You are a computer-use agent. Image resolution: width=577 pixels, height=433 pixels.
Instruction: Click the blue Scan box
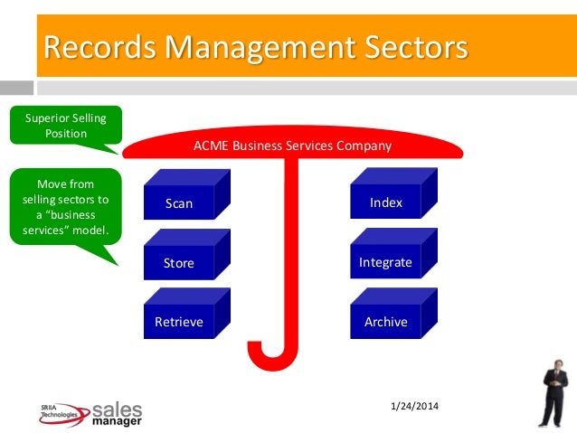pos(179,203)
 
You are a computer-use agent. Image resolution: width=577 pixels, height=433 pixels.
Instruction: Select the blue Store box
pos(179,263)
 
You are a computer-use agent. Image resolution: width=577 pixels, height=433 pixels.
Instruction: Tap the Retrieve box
pos(179,322)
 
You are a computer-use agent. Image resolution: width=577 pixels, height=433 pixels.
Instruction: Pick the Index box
pos(386,203)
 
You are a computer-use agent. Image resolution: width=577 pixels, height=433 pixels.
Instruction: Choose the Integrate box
pos(386,263)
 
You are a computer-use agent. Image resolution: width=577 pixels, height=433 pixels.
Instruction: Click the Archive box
pos(386,322)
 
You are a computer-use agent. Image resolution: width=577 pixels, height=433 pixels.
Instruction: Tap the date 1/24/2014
pos(414,405)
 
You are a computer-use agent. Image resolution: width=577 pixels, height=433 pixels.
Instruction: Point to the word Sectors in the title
pos(400,45)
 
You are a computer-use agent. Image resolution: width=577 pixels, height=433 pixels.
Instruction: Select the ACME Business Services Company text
pos(293,145)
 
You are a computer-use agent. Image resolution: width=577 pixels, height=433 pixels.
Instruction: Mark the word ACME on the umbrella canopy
pos(210,145)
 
